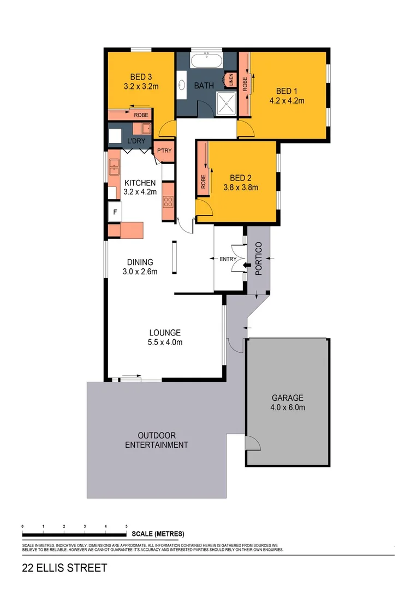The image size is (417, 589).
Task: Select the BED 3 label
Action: pyautogui.click(x=141, y=76)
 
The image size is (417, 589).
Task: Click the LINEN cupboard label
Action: pyautogui.click(x=231, y=80)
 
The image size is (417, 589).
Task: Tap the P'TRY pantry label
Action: pyautogui.click(x=164, y=151)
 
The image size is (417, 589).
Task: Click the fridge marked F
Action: pyautogui.click(x=115, y=212)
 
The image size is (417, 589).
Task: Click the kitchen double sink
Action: pyautogui.click(x=114, y=167)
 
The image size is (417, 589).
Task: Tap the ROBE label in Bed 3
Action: pyautogui.click(x=141, y=115)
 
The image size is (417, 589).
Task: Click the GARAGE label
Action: pyautogui.click(x=288, y=398)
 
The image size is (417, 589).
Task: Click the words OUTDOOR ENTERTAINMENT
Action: pyautogui.click(x=157, y=440)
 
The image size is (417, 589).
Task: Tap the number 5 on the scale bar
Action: pyautogui.click(x=127, y=526)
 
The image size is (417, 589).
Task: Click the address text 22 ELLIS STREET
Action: pyautogui.click(x=64, y=568)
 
